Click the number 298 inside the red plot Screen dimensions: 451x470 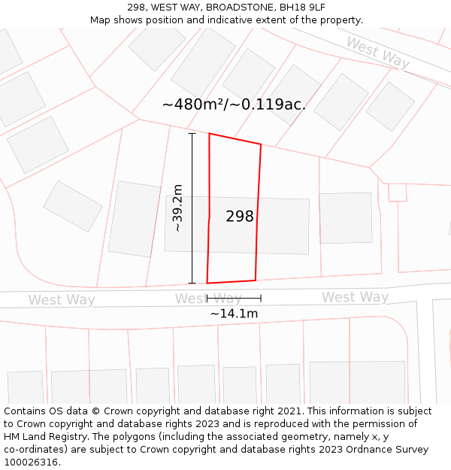[x=240, y=217]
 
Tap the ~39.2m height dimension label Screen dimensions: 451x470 [x=177, y=208]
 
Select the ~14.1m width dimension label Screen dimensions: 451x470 [x=234, y=314]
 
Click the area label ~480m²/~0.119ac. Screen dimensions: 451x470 [x=234, y=105]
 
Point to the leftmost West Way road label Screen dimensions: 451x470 [x=62, y=300]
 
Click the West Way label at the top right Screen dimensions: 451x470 [x=377, y=52]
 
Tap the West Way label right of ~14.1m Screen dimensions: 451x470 [x=355, y=297]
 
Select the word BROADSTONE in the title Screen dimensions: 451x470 [x=239, y=7]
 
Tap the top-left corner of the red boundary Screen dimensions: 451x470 [x=209, y=134]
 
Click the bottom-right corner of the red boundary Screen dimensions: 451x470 [x=256, y=280]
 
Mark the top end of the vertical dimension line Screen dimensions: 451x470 [x=192, y=133]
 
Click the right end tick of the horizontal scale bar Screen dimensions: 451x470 [x=261, y=299]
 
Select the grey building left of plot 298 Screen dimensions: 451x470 [x=135, y=219]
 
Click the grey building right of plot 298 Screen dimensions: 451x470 [x=346, y=218]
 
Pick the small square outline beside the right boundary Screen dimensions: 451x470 [x=397, y=193]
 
